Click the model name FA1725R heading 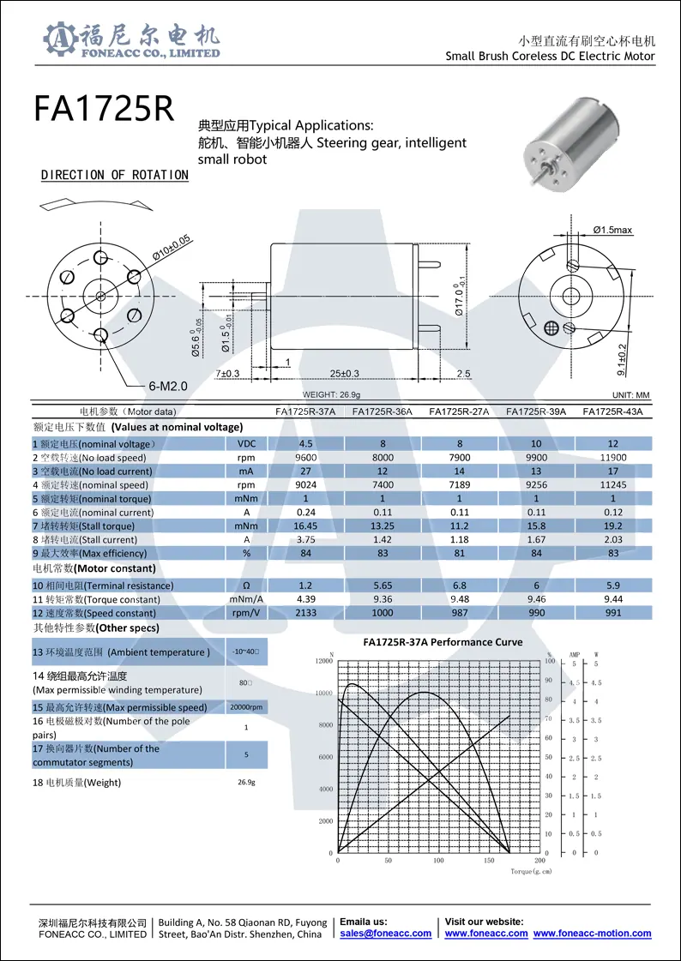(x=104, y=110)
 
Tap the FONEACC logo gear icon (x=59, y=39)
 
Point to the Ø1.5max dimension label (x=612, y=230)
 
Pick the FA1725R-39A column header (x=536, y=411)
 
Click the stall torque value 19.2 (x=612, y=526)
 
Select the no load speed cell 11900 (x=612, y=458)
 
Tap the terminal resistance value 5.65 (x=383, y=586)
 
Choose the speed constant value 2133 (x=305, y=613)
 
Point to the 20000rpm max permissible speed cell (x=246, y=707)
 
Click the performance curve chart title (x=443, y=642)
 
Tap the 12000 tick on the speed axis (x=323, y=661)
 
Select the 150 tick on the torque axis (x=489, y=860)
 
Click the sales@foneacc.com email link (x=385, y=934)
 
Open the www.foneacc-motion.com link (x=592, y=934)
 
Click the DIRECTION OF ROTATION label (x=115, y=175)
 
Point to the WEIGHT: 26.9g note (x=331, y=394)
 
